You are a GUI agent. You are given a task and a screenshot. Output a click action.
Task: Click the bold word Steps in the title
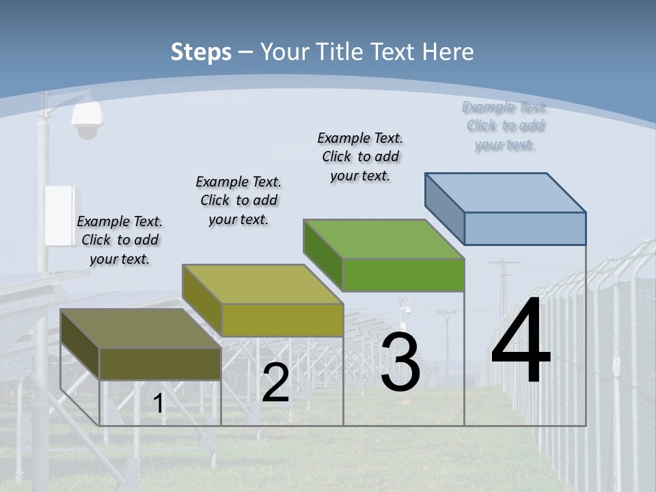tap(201, 52)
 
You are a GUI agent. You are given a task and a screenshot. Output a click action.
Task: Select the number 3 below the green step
tap(400, 362)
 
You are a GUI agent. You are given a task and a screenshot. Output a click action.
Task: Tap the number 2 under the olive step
tap(275, 383)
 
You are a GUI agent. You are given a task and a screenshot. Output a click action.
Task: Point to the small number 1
tap(159, 404)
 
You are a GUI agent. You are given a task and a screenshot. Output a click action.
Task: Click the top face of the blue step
tap(506, 192)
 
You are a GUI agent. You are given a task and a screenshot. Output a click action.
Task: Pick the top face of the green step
tap(383, 239)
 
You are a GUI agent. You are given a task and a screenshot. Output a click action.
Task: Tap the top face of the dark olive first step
tap(141, 329)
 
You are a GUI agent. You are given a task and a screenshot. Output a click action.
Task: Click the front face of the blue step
tap(525, 228)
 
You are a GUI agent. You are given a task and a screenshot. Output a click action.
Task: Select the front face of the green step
tap(403, 275)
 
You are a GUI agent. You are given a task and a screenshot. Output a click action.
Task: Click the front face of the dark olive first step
tap(160, 364)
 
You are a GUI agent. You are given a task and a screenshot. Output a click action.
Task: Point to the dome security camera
tap(86, 122)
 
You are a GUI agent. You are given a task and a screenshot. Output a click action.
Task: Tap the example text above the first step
tap(120, 240)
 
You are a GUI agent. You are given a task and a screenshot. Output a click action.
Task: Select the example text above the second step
tap(238, 200)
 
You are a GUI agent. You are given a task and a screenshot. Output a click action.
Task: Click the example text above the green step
tap(360, 156)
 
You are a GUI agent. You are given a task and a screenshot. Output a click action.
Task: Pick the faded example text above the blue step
tap(505, 126)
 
